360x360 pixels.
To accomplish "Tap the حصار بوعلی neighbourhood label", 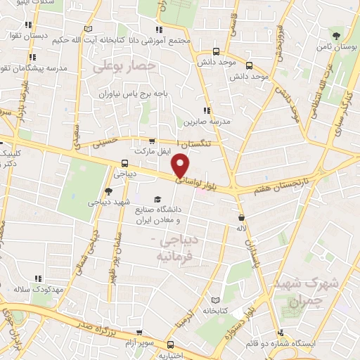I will [x=122, y=67].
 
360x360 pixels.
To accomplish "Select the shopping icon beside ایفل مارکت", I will [x=153, y=141].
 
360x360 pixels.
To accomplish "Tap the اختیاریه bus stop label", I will [x=170, y=355].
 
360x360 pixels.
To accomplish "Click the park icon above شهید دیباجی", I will [x=108, y=191].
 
